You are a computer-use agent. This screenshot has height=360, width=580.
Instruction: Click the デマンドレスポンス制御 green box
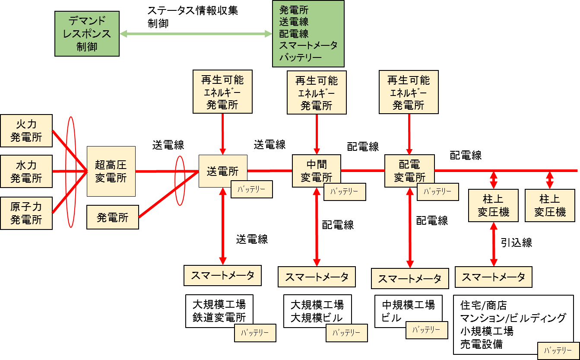point(87,34)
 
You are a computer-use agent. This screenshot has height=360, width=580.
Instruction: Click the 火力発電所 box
point(26,131)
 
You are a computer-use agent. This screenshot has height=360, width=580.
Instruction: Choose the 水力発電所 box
point(26,171)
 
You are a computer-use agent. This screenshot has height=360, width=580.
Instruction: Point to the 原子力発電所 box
point(26,213)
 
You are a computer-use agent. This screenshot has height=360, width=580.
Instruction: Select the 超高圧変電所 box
point(111,171)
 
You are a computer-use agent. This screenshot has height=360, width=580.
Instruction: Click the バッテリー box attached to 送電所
point(252,189)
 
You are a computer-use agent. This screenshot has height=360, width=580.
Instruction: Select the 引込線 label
point(517,242)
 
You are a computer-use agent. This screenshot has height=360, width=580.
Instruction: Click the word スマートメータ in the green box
point(308,45)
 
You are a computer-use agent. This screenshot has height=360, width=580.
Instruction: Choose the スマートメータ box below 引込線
point(493,277)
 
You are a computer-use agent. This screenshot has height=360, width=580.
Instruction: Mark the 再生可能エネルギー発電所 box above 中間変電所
point(317,93)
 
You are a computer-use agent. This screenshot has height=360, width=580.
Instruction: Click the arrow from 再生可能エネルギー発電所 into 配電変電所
point(409,134)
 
